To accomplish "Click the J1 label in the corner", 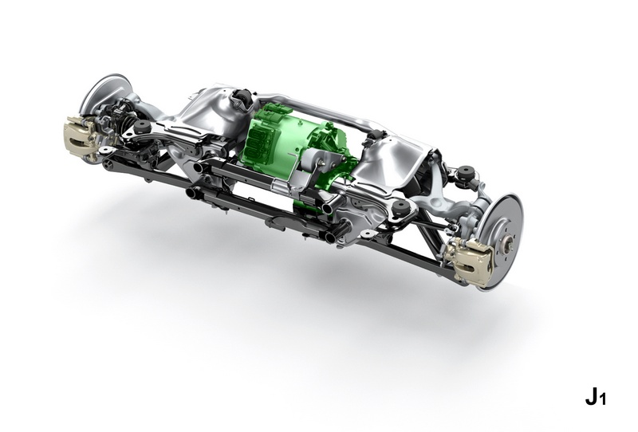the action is (596, 397).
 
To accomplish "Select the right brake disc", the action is (502, 239).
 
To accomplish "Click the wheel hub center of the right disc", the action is (507, 245).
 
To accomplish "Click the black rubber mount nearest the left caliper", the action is (142, 126).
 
